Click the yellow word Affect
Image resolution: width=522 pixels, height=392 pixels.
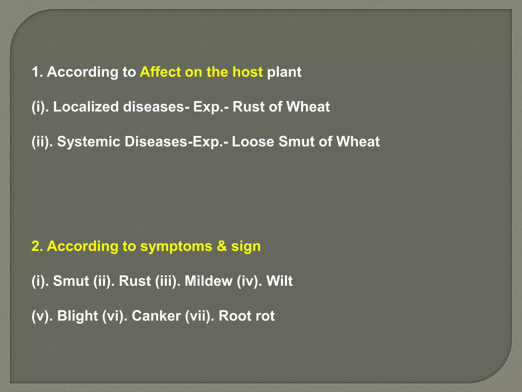160,72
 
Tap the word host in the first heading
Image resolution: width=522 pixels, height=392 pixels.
247,72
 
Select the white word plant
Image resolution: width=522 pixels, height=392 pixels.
284,72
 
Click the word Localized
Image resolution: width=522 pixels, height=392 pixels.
86,107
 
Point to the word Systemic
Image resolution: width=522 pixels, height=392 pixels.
88,142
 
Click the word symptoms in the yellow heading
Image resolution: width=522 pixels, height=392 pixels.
176,247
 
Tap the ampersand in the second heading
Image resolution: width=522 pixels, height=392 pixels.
222,246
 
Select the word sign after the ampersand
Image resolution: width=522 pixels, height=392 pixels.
246,247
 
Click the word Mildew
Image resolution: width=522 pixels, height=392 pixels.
208,281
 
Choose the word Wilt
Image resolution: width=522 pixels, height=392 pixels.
279,281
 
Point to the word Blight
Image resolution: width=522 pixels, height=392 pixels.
77,316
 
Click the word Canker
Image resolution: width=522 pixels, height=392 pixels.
156,316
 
